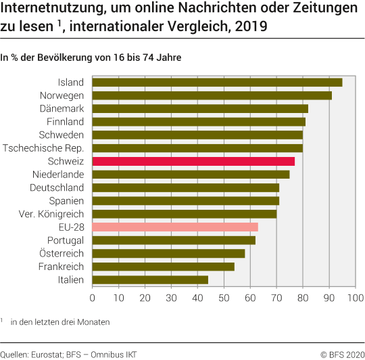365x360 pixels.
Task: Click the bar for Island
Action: pyautogui.click(x=216, y=83)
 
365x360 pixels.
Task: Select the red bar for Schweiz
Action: pyautogui.click(x=193, y=161)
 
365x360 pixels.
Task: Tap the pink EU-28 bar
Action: pyautogui.click(x=174, y=227)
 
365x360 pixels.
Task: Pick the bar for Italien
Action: pyautogui.click(x=149, y=279)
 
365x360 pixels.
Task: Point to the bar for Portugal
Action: pyautogui.click(x=173, y=240)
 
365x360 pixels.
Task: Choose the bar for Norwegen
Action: pyautogui.click(x=211, y=95)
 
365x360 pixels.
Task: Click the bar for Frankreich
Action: pyautogui.click(x=162, y=266)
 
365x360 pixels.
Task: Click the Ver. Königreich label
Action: pyautogui.click(x=51, y=214)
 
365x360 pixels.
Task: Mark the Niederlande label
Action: pyautogui.click(x=57, y=175)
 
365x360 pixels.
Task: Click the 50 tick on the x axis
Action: pyautogui.click(x=224, y=297)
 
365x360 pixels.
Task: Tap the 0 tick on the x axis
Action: pyautogui.click(x=92, y=297)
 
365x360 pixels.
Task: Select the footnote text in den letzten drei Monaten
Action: pyautogui.click(x=59, y=322)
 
